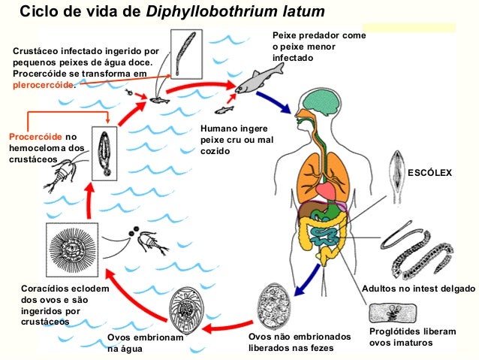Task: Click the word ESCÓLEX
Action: click(x=429, y=173)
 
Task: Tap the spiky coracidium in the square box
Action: click(x=71, y=250)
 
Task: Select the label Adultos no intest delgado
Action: click(x=418, y=289)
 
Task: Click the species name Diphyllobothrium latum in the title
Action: click(x=236, y=14)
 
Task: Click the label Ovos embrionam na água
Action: click(x=144, y=343)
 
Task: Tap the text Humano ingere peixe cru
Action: click(x=227, y=139)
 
